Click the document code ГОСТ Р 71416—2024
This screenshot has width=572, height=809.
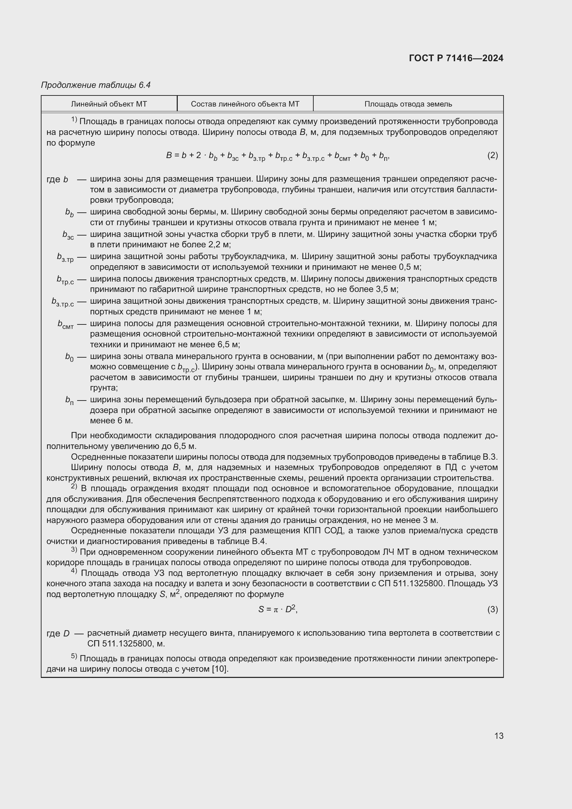click(456, 58)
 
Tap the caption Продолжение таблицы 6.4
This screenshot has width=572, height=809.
click(96, 85)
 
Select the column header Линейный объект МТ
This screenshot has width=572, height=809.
click(109, 104)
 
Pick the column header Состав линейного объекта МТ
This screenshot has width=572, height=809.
click(245, 104)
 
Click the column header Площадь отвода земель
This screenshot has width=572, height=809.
click(408, 104)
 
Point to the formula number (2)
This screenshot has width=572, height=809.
click(492, 155)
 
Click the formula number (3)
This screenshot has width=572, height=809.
click(492, 609)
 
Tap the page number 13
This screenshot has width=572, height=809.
click(499, 736)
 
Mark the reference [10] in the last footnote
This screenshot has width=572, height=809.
click(220, 669)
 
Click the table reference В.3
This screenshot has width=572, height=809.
click(490, 457)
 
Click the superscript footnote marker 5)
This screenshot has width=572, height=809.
click(74, 656)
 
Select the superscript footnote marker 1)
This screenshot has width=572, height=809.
click(74, 120)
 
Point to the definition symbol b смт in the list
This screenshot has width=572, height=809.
click(65, 324)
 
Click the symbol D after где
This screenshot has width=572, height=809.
click(66, 634)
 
